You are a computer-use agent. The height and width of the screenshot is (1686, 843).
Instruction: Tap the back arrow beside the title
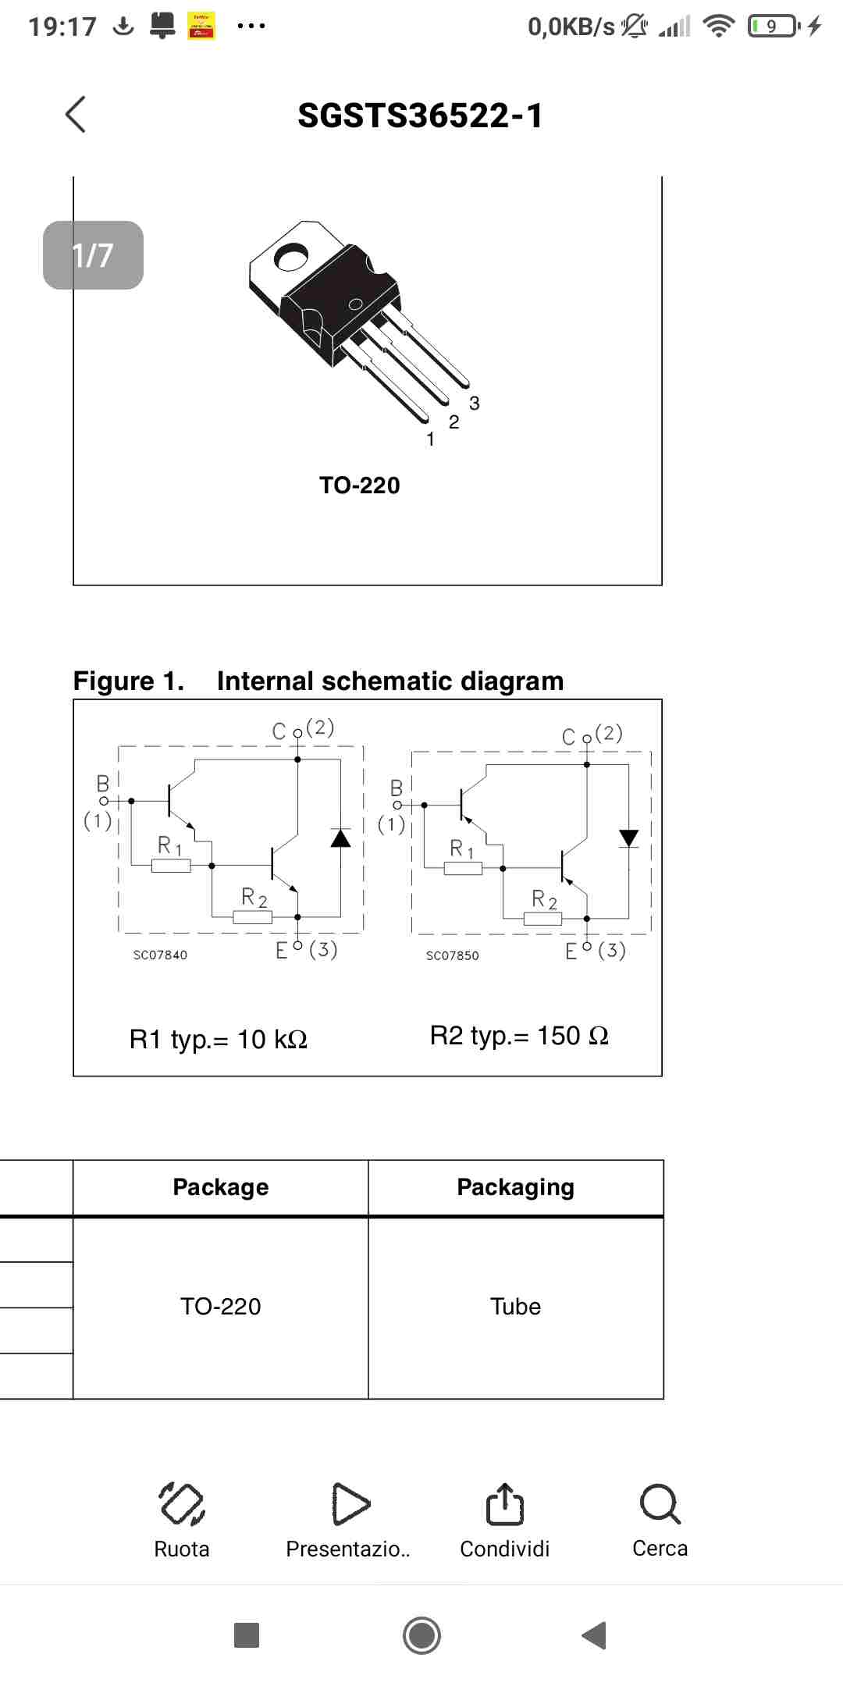[x=76, y=115]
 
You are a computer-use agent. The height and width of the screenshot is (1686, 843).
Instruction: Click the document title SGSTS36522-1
[x=420, y=116]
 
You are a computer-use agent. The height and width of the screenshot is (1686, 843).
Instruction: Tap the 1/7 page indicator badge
[x=93, y=255]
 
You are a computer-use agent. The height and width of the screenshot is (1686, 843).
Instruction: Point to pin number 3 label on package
[x=475, y=404]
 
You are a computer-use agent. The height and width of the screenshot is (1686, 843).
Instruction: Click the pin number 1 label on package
[x=430, y=439]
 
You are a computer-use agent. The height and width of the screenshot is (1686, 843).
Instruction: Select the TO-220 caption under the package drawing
[x=360, y=486]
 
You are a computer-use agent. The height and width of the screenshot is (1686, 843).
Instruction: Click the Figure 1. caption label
[x=129, y=681]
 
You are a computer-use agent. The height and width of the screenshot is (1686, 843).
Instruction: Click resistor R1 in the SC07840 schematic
[x=171, y=866]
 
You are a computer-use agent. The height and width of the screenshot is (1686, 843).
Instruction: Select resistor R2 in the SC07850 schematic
[x=542, y=919]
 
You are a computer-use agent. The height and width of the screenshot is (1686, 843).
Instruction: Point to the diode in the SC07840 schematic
[x=340, y=838]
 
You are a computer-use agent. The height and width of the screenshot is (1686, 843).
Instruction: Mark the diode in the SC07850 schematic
[x=628, y=838]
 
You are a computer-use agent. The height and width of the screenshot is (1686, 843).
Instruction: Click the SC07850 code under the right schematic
[x=453, y=955]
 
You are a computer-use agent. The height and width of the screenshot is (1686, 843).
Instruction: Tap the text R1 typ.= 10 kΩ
[x=219, y=1040]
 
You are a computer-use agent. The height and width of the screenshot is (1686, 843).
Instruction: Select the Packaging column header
[x=516, y=1187]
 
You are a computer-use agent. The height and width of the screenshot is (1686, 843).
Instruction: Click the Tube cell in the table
[x=516, y=1307]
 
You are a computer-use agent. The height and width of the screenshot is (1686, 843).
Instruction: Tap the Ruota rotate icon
[x=182, y=1503]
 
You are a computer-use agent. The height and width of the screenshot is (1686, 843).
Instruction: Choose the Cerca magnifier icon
[x=660, y=1503]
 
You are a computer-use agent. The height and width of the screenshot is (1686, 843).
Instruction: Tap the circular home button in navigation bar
[x=422, y=1635]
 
